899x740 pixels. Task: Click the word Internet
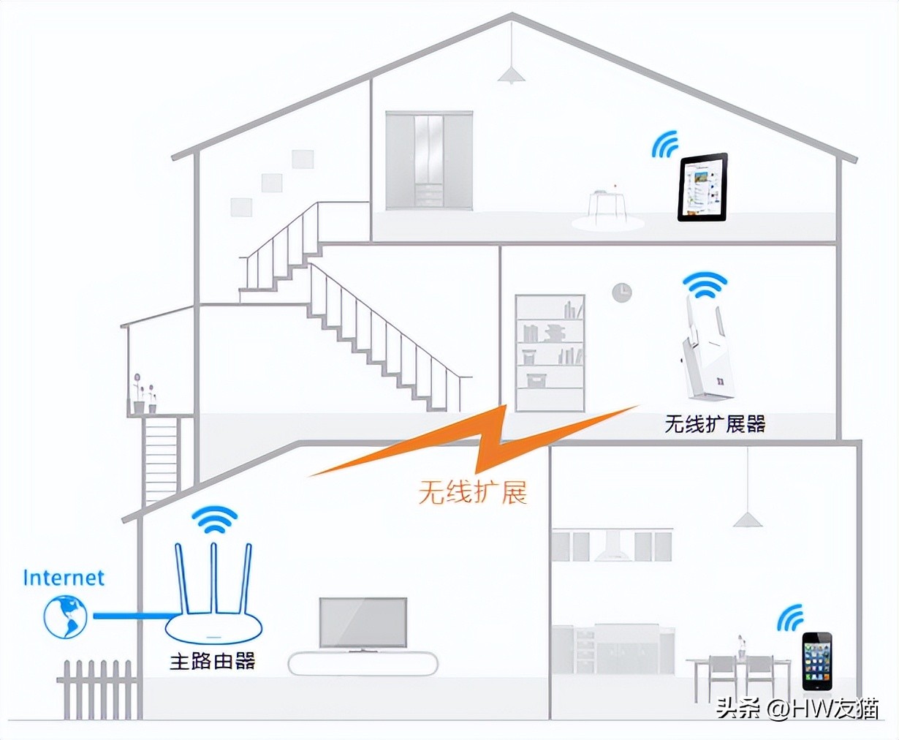(x=64, y=578)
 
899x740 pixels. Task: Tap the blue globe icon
(x=66, y=616)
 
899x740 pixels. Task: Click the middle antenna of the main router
(x=214, y=578)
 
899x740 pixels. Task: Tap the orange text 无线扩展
(x=473, y=493)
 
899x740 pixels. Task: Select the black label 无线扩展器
(x=715, y=423)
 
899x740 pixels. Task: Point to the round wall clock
(x=622, y=292)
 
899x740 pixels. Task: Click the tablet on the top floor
(x=702, y=187)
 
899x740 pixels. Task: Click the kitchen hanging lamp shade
(x=748, y=520)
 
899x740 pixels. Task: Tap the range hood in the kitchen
(x=612, y=545)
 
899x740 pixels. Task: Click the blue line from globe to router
(x=134, y=616)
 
